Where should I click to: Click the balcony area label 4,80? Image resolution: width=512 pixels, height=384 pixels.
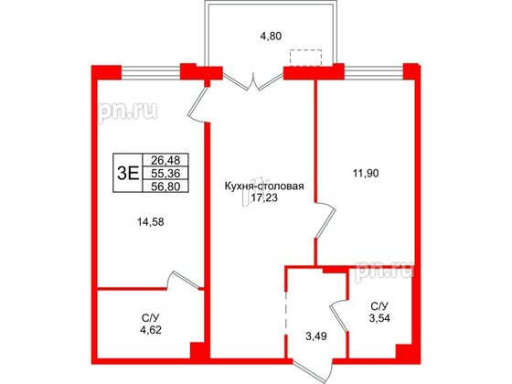coord(271,36)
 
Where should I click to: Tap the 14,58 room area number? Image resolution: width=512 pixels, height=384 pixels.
coord(151,222)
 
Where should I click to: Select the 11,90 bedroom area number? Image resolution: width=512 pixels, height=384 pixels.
coord(366,173)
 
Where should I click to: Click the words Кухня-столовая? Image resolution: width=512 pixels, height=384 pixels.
coord(264,187)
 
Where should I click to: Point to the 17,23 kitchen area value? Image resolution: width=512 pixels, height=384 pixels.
coord(264,197)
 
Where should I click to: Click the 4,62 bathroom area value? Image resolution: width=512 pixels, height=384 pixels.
coord(151,330)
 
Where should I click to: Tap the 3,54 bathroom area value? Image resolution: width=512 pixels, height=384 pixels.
coord(379,318)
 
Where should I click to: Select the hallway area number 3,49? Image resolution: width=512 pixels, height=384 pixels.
coord(316,336)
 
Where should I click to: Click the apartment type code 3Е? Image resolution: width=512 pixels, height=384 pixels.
coord(128,173)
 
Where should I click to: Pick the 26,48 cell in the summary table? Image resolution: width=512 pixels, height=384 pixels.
coord(165,160)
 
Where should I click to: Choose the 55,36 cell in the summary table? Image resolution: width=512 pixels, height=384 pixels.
coord(165,173)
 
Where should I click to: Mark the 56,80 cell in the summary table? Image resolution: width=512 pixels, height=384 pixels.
coord(165,187)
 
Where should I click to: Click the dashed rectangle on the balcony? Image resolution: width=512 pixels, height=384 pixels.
coord(306,58)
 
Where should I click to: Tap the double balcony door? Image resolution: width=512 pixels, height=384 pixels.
coord(253,81)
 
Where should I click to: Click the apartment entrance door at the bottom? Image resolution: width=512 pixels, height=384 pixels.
coord(313,370)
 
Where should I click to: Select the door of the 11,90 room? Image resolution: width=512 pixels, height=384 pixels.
coord(325,220)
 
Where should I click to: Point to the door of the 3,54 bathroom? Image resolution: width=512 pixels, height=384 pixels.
coord(338,315)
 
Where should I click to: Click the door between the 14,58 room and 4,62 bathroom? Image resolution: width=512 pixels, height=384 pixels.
coord(184,280)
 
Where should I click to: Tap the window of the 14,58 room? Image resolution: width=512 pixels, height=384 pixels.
coord(151,72)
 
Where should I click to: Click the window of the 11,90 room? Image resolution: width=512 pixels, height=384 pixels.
coord(374,72)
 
